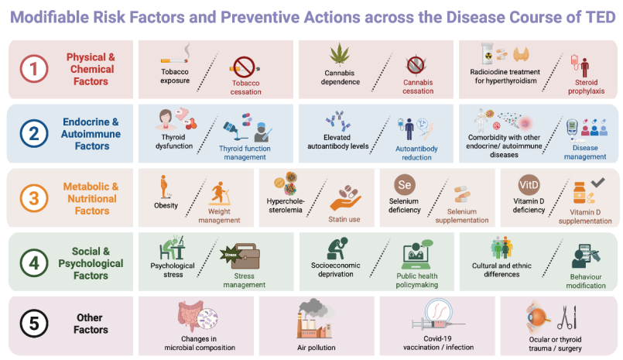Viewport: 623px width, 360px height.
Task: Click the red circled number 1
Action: coord(34,69)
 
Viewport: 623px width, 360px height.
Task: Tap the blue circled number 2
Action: coord(34,133)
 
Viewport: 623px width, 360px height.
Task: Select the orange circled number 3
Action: coord(34,198)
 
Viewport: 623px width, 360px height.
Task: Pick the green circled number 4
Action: coord(34,262)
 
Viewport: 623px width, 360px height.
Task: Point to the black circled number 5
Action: coord(34,324)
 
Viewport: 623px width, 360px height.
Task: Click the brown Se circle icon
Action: coord(405,185)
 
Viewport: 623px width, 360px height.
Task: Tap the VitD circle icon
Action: coord(529,185)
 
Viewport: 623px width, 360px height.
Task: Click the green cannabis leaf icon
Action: coord(339,54)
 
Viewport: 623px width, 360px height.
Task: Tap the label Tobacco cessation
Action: coord(246,87)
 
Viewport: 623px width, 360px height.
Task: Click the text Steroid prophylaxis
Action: coord(586,87)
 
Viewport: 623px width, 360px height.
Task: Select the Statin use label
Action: coord(344,219)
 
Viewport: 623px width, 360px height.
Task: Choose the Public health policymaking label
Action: coord(417,280)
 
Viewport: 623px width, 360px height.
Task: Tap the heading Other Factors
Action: coord(91,324)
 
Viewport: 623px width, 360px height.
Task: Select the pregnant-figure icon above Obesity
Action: coord(165,187)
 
